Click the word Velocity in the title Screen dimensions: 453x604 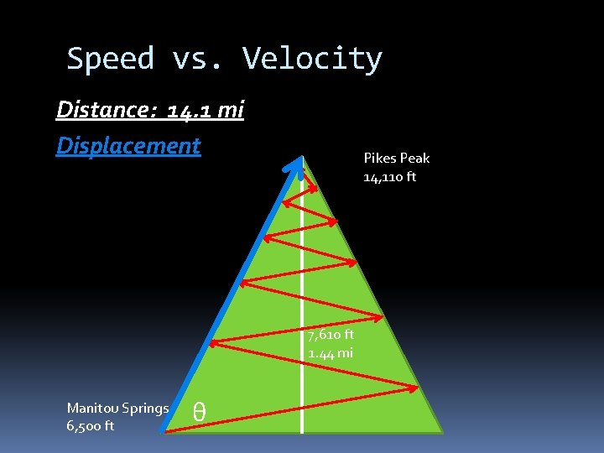point(312,60)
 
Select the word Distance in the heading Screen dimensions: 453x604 point(104,110)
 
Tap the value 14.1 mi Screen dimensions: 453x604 point(206,110)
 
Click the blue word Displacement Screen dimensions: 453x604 point(128,145)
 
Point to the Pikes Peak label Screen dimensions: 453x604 point(396,158)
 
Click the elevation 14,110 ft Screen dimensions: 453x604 point(389,177)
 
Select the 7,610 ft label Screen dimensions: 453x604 point(331,335)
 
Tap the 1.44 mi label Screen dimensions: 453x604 point(331,353)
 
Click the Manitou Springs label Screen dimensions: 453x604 point(117,409)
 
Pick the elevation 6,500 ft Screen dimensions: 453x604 point(91,426)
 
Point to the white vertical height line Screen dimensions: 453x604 point(302,294)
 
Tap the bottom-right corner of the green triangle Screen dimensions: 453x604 point(441,431)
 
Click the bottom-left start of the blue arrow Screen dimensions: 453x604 point(165,430)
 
